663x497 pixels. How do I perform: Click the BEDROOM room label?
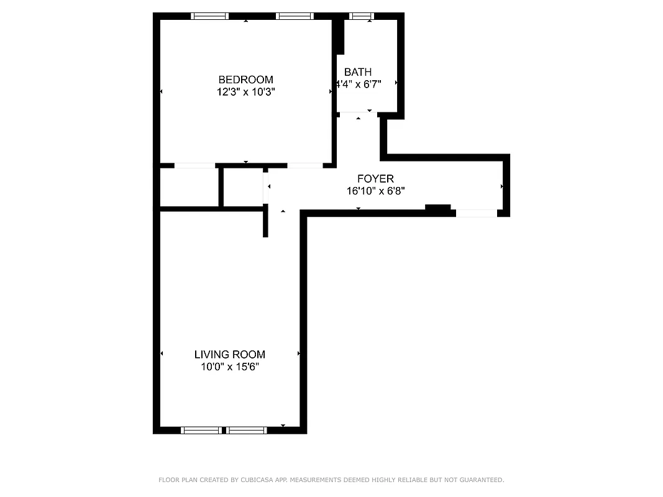[x=245, y=80]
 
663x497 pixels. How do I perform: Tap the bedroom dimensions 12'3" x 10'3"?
[x=245, y=92]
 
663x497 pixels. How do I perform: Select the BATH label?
[x=358, y=72]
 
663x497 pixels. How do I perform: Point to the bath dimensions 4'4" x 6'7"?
[x=359, y=83]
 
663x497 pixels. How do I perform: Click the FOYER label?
[x=375, y=179]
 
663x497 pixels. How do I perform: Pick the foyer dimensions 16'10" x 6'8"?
[x=376, y=191]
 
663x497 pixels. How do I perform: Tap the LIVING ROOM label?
[x=230, y=355]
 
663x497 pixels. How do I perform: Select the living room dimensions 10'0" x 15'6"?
[x=230, y=367]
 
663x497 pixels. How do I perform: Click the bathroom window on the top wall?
[x=361, y=16]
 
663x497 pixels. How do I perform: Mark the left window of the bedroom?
[x=210, y=16]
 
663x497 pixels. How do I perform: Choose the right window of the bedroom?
[x=295, y=16]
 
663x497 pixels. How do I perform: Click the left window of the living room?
[x=201, y=430]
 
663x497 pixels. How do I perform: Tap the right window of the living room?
[x=247, y=430]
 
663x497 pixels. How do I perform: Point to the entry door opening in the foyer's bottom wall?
[x=477, y=213]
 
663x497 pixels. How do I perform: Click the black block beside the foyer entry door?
[x=438, y=209]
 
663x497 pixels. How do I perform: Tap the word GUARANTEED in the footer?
[x=479, y=480]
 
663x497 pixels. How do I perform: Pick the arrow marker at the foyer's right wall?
[x=501, y=186]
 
